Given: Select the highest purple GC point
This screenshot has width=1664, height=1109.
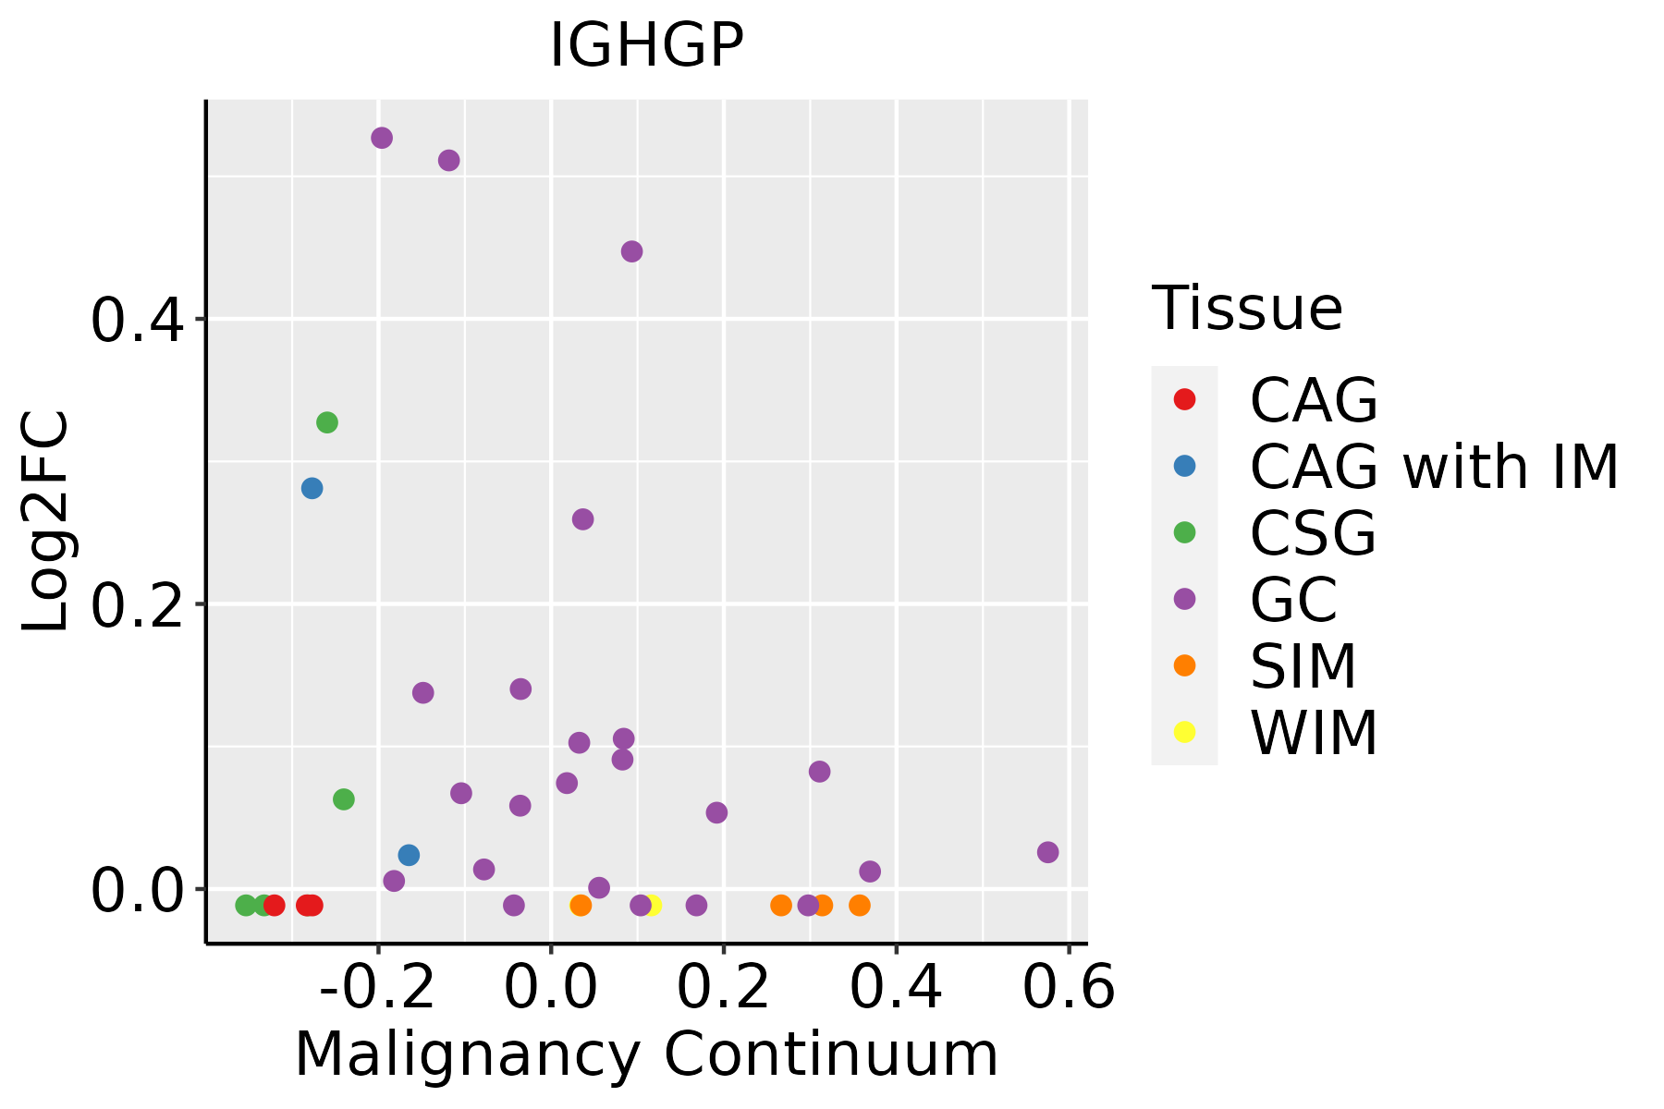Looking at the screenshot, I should [382, 138].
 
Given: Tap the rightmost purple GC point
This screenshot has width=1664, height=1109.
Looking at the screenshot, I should [1047, 852].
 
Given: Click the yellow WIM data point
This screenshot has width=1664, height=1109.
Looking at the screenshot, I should [653, 905].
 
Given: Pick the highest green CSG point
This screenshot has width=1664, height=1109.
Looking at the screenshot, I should [327, 422].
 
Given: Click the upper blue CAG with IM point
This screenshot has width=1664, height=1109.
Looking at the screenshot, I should [312, 488].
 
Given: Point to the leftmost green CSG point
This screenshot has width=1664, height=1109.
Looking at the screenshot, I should [246, 905].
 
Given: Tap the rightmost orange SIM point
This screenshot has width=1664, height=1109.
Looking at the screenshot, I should [860, 905].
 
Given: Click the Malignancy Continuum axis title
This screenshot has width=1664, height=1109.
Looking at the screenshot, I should [646, 1054].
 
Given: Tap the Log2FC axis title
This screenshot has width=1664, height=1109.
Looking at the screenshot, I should [46, 521].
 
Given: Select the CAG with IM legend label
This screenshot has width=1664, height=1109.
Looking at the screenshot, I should [1434, 467].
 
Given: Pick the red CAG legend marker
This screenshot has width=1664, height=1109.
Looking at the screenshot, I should [1184, 399].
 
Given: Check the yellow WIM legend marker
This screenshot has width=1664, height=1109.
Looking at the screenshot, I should [1184, 732].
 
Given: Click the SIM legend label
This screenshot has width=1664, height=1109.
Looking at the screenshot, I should [1303, 666].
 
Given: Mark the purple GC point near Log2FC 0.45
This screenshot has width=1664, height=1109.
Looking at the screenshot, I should [632, 251].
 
